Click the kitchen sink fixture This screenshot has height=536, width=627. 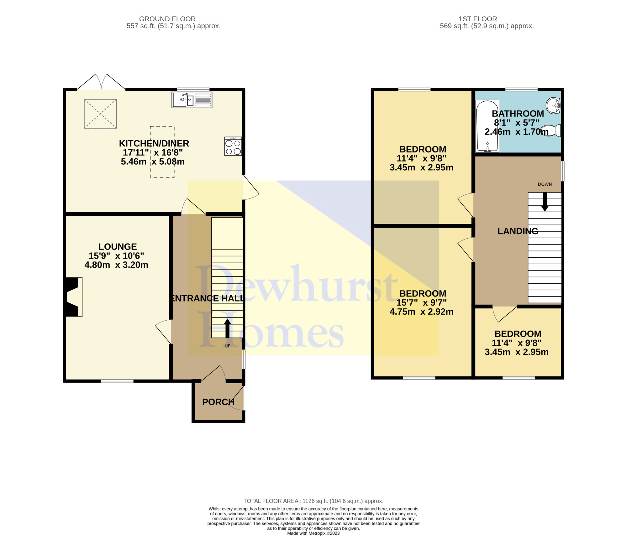(192, 100)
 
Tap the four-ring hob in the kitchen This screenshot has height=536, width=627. (233, 146)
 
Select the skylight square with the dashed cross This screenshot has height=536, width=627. (100, 114)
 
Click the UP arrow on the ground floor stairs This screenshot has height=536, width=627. (228, 328)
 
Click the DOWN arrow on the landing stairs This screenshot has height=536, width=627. (545, 202)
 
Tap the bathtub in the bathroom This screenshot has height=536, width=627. (487, 126)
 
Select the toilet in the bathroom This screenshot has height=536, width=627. (551, 131)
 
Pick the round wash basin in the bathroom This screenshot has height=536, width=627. (553, 106)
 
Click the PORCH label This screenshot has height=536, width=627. (218, 402)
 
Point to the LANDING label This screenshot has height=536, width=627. (518, 231)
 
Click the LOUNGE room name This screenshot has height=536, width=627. (118, 247)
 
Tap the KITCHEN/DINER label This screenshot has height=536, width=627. (154, 143)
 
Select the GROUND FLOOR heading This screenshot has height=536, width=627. (167, 19)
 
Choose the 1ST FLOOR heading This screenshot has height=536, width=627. (478, 19)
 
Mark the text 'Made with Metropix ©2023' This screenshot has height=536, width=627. (313, 533)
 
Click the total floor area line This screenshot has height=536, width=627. (313, 501)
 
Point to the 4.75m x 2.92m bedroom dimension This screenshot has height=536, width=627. (421, 312)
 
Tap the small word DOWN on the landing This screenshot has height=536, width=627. (545, 184)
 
